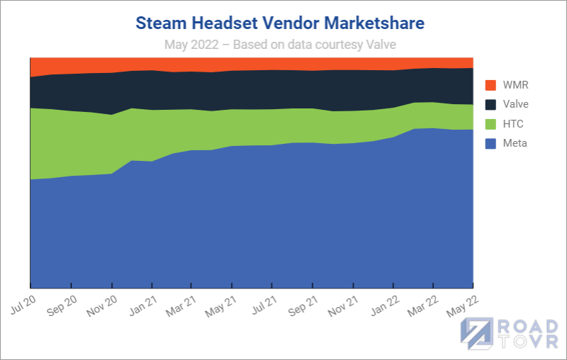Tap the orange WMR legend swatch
click(490, 85)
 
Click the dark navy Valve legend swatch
click(490, 104)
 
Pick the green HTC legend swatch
click(490, 124)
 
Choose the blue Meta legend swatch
click(490, 143)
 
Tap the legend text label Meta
click(515, 143)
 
